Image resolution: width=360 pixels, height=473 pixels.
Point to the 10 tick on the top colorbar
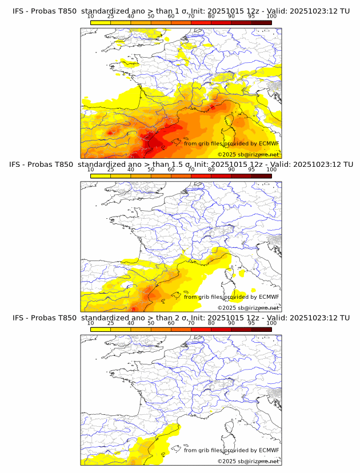pyautogui.click(x=90, y=16)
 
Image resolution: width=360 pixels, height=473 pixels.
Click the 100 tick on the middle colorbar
pyautogui.click(x=271, y=169)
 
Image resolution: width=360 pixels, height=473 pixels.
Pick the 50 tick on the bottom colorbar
pyautogui.click(x=151, y=322)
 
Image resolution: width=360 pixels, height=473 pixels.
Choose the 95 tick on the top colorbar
pyautogui.click(x=251, y=16)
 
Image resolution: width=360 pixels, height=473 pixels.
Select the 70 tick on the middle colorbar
pyautogui.click(x=191, y=169)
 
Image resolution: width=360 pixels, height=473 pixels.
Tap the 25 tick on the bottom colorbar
pyautogui.click(x=110, y=322)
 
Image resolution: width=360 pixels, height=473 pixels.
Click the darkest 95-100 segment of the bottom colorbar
pyautogui.click(x=261, y=330)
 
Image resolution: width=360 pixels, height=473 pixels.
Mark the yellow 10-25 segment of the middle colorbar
pyautogui.click(x=101, y=177)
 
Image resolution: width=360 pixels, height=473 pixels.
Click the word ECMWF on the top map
pyautogui.click(x=269, y=143)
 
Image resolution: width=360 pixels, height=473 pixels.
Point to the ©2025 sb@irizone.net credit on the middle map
pyautogui.click(x=248, y=308)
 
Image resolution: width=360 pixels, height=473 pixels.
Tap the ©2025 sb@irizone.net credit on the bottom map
pyautogui.click(x=248, y=461)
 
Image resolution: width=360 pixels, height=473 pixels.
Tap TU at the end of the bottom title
pyautogui.click(x=345, y=318)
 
